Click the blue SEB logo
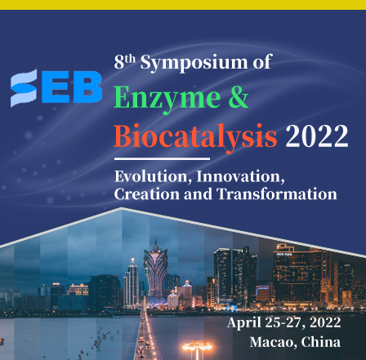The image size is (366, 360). pyautogui.click(x=56, y=87)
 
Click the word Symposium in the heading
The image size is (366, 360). pyautogui.click(x=194, y=63)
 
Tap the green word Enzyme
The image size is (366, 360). pyautogui.click(x=167, y=98)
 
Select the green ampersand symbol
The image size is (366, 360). pyautogui.click(x=239, y=96)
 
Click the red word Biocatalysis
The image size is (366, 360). pyautogui.click(x=195, y=136)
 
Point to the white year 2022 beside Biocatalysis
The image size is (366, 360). pyautogui.click(x=317, y=136)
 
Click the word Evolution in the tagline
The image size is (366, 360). pyautogui.click(x=151, y=177)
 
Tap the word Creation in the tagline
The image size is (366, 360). pyautogui.click(x=147, y=194)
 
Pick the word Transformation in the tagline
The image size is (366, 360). pyautogui.click(x=277, y=194)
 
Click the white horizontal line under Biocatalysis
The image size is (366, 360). pyautogui.click(x=162, y=158)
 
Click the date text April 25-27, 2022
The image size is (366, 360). pyautogui.click(x=284, y=322)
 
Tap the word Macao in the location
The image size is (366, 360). pyautogui.click(x=273, y=342)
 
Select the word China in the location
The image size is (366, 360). pyautogui.click(x=321, y=342)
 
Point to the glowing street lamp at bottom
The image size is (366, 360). pyautogui.click(x=197, y=348)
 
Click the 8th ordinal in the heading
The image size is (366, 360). pyautogui.click(x=124, y=61)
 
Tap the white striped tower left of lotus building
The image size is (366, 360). pyautogui.click(x=131, y=284)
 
